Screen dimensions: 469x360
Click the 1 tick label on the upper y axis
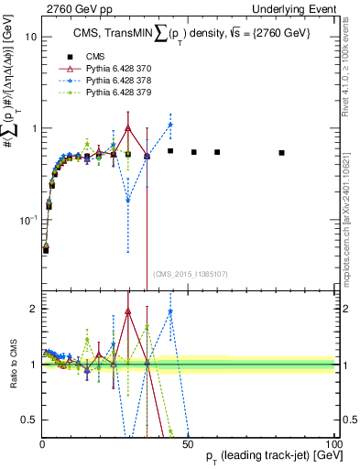point(33,128)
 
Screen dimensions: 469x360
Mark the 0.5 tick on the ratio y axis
point(29,420)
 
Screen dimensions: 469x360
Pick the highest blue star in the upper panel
point(170,125)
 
